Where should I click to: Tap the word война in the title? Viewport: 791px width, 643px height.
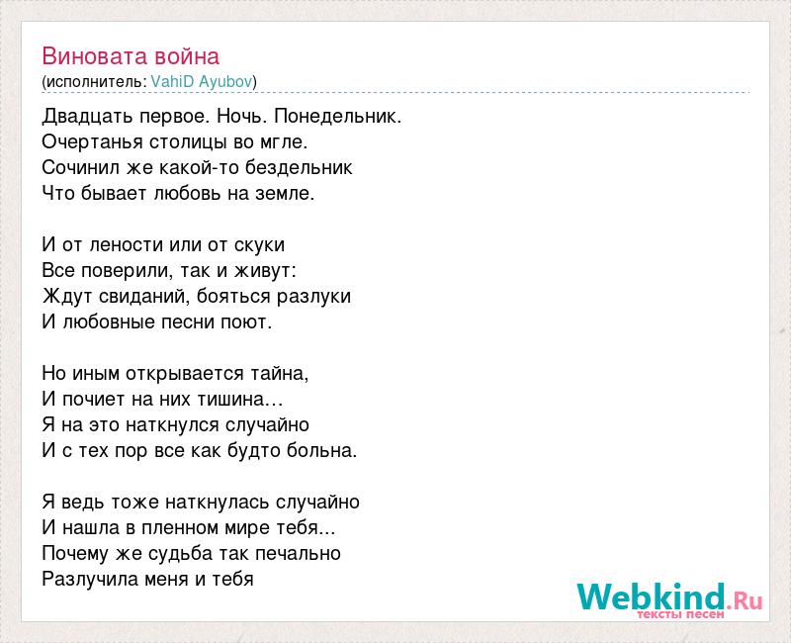click(187, 56)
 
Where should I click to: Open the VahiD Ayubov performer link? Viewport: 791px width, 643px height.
click(202, 81)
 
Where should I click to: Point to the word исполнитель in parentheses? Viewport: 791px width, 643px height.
click(94, 82)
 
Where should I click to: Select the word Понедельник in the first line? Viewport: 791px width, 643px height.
click(336, 117)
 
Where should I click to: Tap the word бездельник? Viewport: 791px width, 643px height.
click(299, 168)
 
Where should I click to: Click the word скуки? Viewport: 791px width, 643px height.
click(259, 245)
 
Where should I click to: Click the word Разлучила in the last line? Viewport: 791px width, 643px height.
click(90, 580)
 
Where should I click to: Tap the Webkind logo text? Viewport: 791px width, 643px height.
click(652, 597)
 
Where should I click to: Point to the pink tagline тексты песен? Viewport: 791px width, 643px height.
click(680, 614)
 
